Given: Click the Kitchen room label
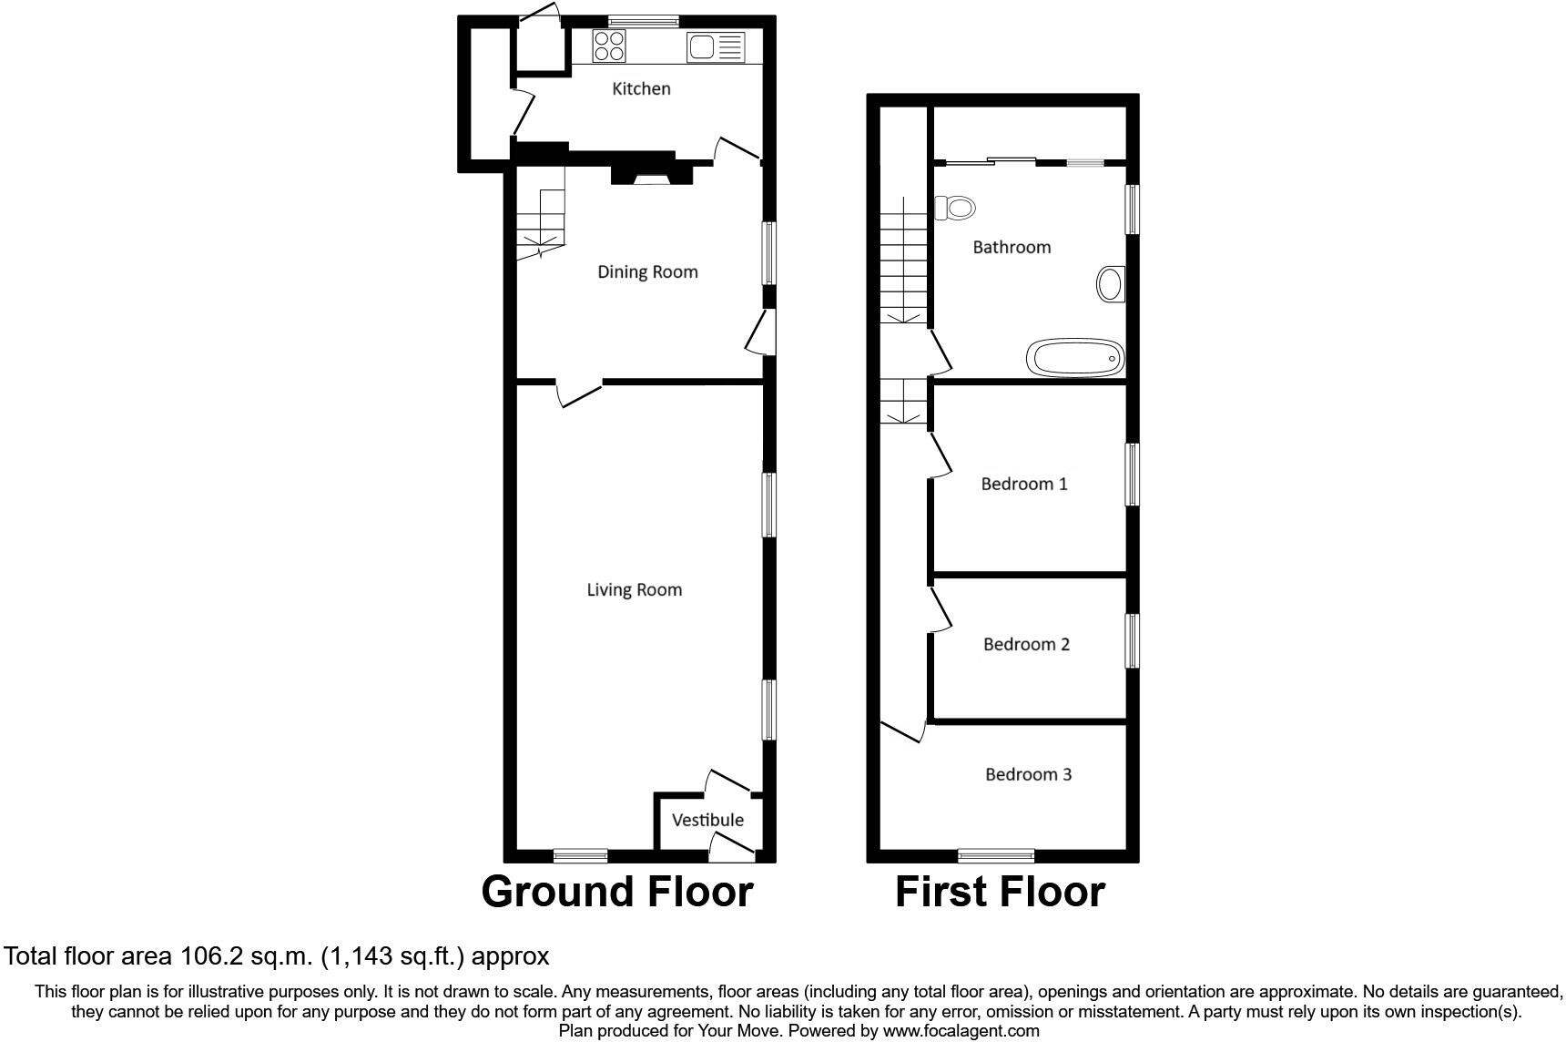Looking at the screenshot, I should [641, 88].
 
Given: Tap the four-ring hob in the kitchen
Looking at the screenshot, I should [608, 46].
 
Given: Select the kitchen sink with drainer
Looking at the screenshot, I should [717, 46].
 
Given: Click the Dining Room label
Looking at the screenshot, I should [647, 271].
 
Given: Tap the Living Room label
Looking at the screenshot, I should [634, 589].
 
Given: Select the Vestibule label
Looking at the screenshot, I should [707, 820].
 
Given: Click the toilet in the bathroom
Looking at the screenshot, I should [954, 208].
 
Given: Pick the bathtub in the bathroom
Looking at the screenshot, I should [1075, 358].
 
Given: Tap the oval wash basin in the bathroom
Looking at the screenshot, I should [1110, 284].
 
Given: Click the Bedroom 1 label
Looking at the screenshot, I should [1023, 484].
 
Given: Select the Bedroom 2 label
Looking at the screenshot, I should [1026, 644].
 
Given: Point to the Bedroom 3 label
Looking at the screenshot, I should [1028, 774].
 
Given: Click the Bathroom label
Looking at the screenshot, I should [1012, 247].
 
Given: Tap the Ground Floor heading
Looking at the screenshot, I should [616, 891].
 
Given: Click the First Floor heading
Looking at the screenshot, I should [1000, 891].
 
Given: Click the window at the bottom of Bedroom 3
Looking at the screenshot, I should [995, 854].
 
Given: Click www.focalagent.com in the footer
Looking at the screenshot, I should [961, 1031].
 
